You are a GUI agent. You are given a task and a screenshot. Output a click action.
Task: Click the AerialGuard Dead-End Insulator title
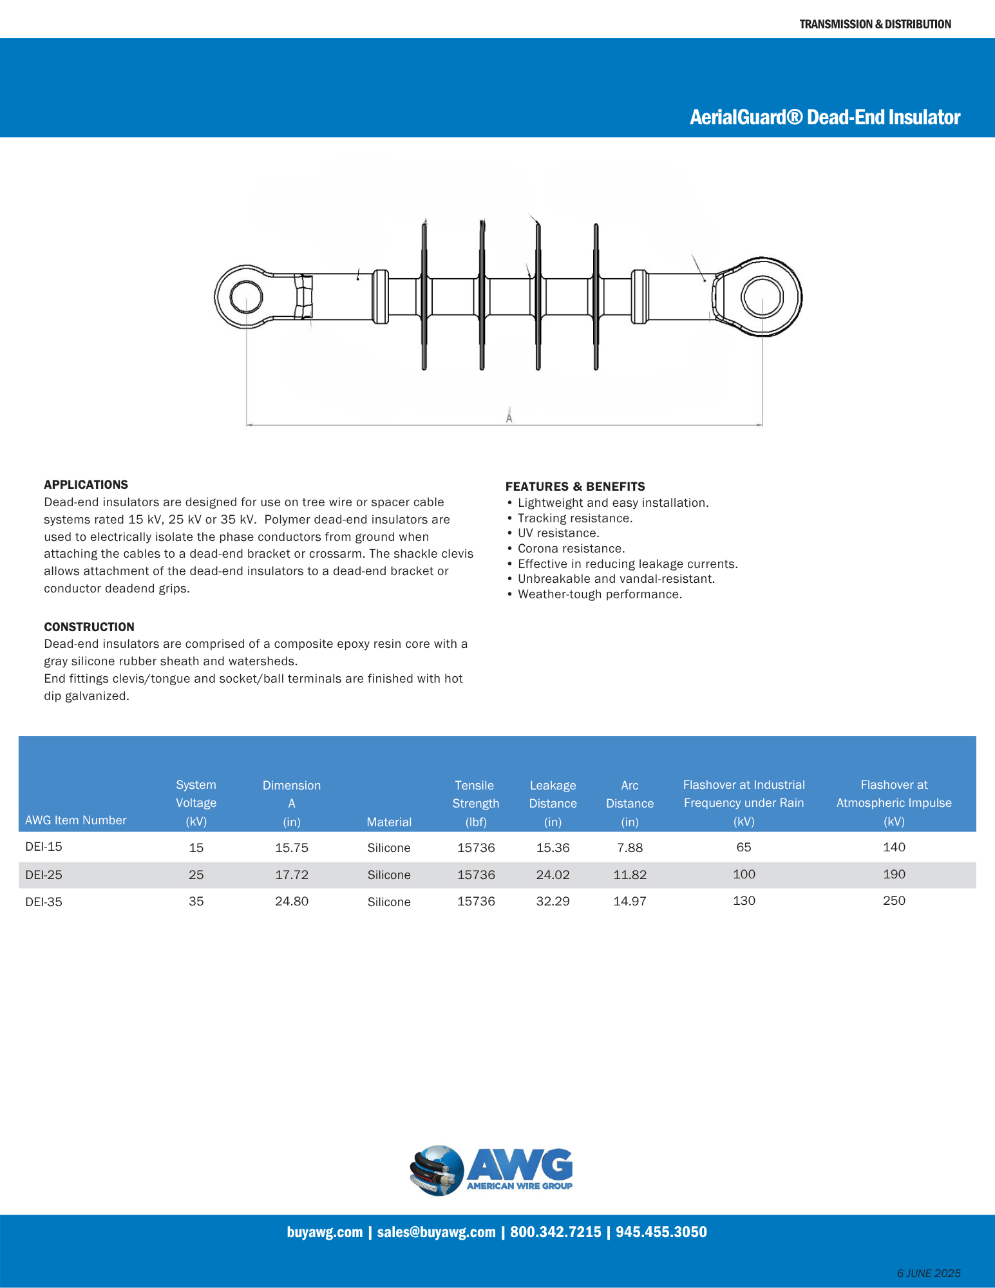point(824,117)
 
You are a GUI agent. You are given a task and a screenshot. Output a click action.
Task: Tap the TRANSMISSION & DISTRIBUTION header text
point(875,24)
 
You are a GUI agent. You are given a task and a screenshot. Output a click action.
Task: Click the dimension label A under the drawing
point(509,418)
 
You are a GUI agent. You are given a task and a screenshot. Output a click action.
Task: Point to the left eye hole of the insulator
point(245,298)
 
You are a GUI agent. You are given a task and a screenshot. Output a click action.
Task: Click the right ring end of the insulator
point(762,297)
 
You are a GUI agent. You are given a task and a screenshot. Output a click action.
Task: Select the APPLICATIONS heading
point(86,484)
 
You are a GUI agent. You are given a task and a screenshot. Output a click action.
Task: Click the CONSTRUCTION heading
point(89,627)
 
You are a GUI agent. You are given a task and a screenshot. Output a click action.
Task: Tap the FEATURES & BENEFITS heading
point(574,486)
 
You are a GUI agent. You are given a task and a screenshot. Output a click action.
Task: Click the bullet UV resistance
point(558,533)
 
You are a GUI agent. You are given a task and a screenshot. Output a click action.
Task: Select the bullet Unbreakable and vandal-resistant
point(616,579)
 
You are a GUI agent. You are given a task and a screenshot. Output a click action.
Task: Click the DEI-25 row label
point(44,875)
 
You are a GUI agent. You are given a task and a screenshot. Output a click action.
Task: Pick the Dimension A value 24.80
point(291,901)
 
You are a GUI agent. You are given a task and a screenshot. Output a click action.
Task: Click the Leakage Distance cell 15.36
point(553,848)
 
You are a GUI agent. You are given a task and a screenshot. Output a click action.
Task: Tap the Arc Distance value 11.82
point(629,875)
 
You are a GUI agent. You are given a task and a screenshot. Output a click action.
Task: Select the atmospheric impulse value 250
point(893,900)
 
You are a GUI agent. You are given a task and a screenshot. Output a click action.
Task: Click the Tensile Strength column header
point(475,803)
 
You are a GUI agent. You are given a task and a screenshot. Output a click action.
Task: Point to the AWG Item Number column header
point(75,820)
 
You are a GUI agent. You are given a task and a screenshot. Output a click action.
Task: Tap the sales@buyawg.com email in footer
point(436,1232)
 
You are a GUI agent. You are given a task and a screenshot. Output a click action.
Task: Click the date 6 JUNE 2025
point(928,1273)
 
